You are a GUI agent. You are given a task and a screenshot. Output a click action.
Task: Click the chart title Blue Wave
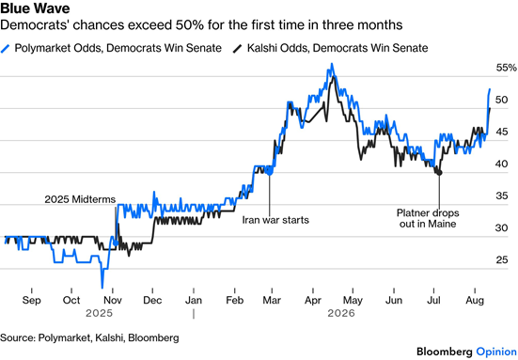(x=35, y=8)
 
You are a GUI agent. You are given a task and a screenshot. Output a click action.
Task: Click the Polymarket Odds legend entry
(x=111, y=48)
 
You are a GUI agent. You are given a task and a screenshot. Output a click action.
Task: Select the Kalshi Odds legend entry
(x=330, y=48)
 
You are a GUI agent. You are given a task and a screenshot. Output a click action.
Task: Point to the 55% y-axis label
(x=506, y=68)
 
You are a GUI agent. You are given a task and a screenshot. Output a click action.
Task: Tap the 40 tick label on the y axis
(x=502, y=164)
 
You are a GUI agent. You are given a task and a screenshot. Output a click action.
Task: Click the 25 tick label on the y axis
(x=502, y=260)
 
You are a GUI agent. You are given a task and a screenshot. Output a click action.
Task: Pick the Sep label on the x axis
(x=32, y=300)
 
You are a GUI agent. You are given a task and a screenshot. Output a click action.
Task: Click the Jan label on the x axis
(x=194, y=300)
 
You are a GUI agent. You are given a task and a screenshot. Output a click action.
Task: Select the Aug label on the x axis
(x=475, y=300)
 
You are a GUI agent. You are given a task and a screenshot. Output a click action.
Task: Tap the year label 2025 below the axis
(x=99, y=313)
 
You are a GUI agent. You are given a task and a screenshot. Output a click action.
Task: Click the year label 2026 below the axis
(x=341, y=313)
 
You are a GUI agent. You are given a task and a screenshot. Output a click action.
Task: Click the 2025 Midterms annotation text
(x=80, y=199)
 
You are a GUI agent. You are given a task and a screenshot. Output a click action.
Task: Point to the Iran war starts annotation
(x=275, y=220)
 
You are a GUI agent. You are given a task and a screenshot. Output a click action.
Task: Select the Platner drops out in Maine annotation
(x=428, y=218)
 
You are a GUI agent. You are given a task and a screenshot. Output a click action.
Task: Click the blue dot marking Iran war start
(x=269, y=172)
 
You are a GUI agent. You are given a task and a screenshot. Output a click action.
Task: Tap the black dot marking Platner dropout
(x=439, y=173)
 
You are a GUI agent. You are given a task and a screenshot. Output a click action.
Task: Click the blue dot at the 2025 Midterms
(x=116, y=243)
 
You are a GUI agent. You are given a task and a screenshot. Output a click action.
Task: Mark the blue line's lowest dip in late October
(x=102, y=287)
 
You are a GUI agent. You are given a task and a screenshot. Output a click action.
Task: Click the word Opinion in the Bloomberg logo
(x=496, y=352)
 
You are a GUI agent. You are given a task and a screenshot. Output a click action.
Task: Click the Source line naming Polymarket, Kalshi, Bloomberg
(x=89, y=337)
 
